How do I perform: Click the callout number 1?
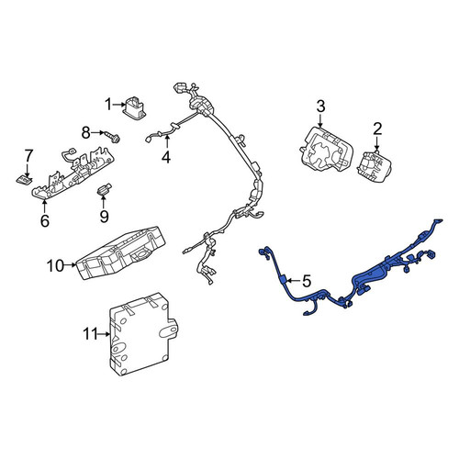(x=108, y=105)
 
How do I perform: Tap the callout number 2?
(x=377, y=129)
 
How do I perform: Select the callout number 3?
(x=320, y=106)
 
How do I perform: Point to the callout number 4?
(x=166, y=157)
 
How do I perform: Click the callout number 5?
(x=307, y=281)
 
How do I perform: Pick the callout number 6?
(x=45, y=220)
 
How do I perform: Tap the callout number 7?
(x=28, y=155)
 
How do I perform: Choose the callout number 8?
(x=86, y=133)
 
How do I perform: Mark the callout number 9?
(x=104, y=217)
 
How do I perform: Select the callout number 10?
(x=55, y=265)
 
